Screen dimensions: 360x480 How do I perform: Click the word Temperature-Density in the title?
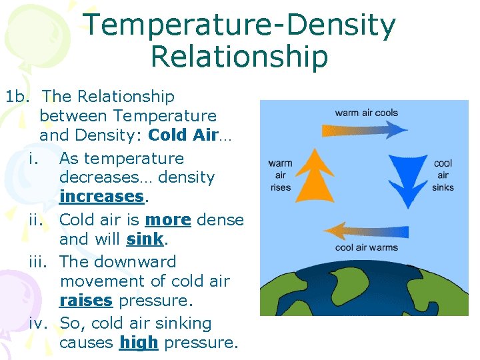(239, 25)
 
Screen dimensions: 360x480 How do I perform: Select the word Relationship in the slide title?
(239, 57)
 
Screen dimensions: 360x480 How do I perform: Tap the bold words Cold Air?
(183, 135)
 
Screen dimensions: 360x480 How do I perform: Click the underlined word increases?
(101, 197)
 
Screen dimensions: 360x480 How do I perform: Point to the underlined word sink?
(145, 239)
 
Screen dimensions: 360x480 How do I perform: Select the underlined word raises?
(86, 301)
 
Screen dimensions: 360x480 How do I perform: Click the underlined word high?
(139, 343)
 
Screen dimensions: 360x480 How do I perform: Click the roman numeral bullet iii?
(40, 261)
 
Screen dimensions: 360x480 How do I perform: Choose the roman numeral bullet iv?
(40, 323)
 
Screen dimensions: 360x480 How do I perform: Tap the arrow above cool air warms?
(365, 231)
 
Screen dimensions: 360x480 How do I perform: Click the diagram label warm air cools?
(366, 112)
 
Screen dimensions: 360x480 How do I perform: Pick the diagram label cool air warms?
(366, 248)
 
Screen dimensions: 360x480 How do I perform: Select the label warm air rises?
(281, 175)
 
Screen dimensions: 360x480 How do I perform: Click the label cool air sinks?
(443, 175)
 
